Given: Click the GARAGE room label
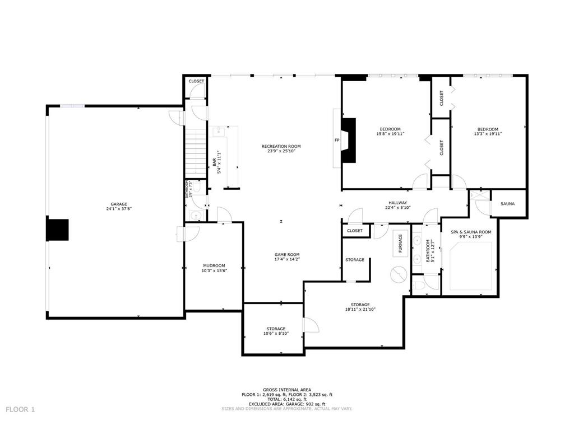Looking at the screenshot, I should (x=118, y=204).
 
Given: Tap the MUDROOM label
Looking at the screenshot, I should (x=214, y=265).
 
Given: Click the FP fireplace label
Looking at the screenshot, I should (x=337, y=140).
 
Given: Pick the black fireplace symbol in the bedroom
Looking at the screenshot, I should (x=349, y=140).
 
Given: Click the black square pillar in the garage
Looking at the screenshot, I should (x=57, y=230).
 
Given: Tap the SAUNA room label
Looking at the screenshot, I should (x=507, y=204).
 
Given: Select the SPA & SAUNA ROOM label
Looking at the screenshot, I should (x=471, y=232).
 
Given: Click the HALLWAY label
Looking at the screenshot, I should (x=397, y=203).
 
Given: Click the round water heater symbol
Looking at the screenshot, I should (x=399, y=275).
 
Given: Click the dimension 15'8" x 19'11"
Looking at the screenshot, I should (x=390, y=134).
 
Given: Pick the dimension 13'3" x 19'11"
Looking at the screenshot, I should (x=487, y=134).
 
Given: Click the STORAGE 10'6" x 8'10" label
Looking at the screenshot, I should (x=276, y=329).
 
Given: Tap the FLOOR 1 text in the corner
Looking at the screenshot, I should (x=21, y=409).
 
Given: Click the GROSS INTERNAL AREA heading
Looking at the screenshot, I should (x=287, y=390).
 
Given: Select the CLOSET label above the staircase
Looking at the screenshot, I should (x=196, y=81).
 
